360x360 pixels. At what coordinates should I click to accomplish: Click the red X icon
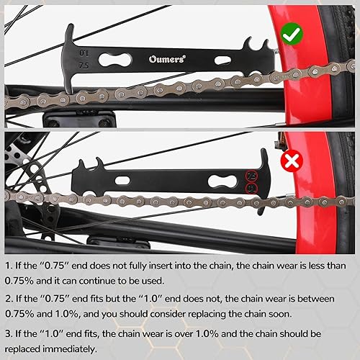(293, 160)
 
